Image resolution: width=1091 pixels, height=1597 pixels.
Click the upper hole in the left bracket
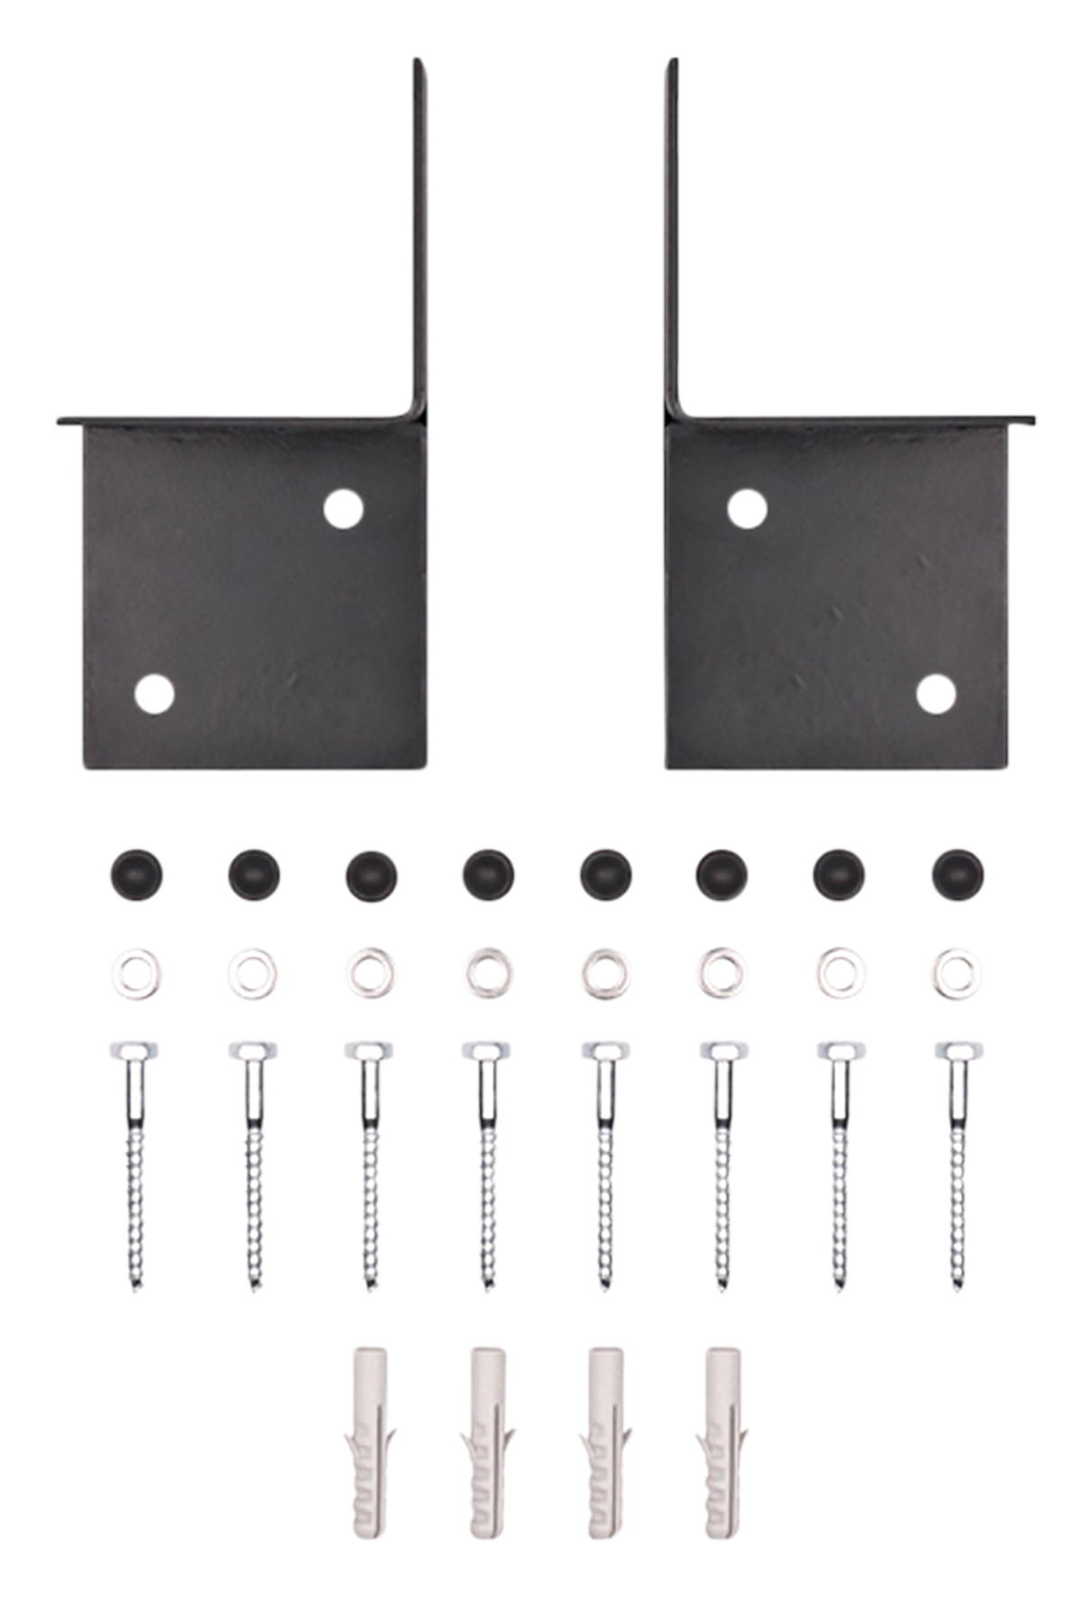coord(343,509)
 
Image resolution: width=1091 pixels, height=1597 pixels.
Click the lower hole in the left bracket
coord(154,693)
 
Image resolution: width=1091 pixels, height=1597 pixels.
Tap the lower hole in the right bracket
coord(936,693)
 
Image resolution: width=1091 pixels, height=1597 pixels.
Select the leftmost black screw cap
coord(135,872)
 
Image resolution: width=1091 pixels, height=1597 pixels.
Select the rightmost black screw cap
coord(959,872)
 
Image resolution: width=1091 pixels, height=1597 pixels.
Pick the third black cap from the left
coord(370,872)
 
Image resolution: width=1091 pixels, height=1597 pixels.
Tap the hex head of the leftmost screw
coord(134,1051)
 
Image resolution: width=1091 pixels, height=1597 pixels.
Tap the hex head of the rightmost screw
coord(959,1051)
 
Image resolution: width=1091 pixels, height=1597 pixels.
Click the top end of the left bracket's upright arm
coord(419,61)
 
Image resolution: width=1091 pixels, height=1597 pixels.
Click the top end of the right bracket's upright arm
coord(671,61)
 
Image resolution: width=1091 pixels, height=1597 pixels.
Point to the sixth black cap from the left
coord(723,872)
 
